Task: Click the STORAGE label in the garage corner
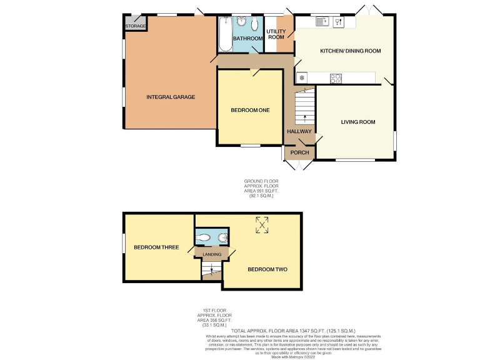tap(136, 26)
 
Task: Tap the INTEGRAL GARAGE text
tap(171, 97)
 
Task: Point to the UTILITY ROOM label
tap(276, 34)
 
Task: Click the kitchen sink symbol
tap(322, 22)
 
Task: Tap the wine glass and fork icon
tap(339, 22)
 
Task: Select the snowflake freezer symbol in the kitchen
tap(302, 78)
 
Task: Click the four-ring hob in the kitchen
tap(336, 78)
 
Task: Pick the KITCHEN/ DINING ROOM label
tap(350, 51)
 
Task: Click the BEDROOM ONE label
tap(250, 111)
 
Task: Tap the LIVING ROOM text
tap(357, 122)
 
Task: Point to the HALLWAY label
tap(299, 131)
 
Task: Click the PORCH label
tap(299, 152)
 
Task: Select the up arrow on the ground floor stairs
tap(305, 117)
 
